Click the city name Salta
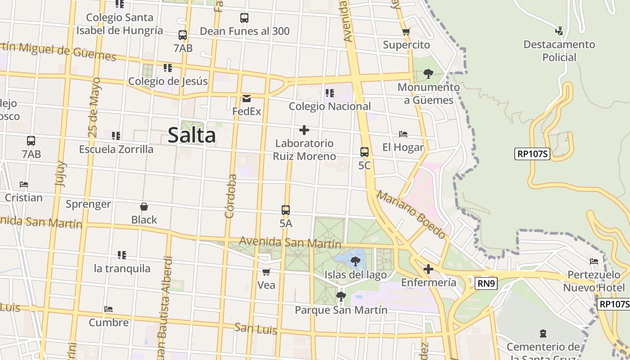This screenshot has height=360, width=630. pos(192,135)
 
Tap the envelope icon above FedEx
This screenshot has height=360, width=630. pos(247,99)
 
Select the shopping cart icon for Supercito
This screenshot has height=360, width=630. pos(406,32)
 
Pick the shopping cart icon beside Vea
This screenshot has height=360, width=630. pos(266,272)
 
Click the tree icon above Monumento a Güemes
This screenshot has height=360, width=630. pos(428,73)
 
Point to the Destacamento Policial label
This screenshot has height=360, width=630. pos(559,51)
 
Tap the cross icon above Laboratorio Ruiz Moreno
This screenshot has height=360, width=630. pos(304,130)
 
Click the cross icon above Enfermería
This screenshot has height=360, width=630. pos(428,270)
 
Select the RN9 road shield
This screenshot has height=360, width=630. pos(486,283)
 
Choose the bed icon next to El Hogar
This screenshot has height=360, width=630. pos(403,134)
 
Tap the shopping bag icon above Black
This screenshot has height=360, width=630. pos(144,207)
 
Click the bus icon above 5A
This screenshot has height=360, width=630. pos(286,210)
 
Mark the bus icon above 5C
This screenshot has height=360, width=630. pos(364,152)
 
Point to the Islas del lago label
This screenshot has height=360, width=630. pos(355,274)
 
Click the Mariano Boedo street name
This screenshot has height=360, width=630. pos(411,215)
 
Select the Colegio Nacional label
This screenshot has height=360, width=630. pos(330,106)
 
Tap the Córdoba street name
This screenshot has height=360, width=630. pos(231,196)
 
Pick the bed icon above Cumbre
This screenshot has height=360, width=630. pos(108,309)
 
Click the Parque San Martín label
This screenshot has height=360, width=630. pos(341,310)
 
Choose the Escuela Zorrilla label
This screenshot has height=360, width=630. pos(116,149)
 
